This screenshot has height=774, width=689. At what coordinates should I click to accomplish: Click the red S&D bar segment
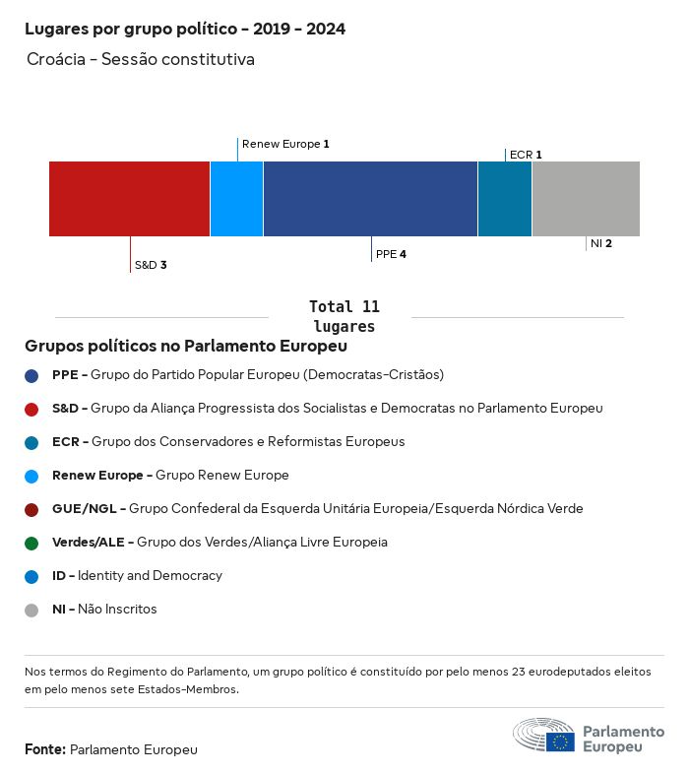[x=129, y=199]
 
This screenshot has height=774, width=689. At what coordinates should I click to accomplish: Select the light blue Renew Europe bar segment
[x=236, y=199]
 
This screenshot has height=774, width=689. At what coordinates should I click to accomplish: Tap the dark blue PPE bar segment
[x=370, y=199]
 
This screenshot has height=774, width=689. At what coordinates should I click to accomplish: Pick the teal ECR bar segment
[x=504, y=199]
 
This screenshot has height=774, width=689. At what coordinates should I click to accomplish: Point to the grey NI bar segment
[x=586, y=199]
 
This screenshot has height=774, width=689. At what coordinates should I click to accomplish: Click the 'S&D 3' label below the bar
[x=151, y=265]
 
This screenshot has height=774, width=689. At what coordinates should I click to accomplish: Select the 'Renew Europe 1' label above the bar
[x=285, y=144]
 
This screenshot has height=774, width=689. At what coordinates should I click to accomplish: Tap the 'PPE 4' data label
[x=391, y=254]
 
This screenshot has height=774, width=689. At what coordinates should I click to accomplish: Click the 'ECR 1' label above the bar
[x=526, y=155]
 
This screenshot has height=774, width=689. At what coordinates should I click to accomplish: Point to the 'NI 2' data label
[x=601, y=243]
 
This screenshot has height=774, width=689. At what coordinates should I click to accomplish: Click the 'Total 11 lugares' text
[x=344, y=316]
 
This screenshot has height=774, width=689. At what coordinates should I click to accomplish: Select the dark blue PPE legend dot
[x=31, y=375]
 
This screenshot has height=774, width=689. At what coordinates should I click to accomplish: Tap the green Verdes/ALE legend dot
[x=31, y=543]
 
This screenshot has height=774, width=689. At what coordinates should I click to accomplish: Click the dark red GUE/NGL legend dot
[x=31, y=509]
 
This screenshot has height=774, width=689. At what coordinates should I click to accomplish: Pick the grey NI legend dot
[x=31, y=610]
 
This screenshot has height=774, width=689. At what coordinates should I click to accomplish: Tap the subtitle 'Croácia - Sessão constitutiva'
[x=141, y=60]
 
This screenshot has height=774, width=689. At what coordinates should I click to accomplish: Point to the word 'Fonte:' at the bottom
[x=45, y=750]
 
